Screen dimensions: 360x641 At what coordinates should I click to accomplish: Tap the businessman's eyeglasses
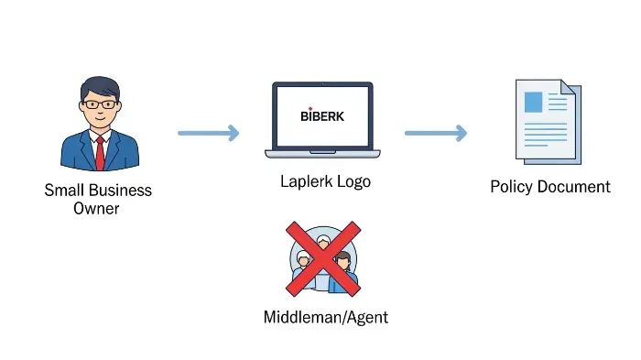(99, 104)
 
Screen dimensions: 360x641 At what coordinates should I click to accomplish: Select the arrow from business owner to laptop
(208, 133)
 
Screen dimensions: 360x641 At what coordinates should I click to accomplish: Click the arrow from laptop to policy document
(435, 133)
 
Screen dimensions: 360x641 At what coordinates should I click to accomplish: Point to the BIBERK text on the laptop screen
(322, 116)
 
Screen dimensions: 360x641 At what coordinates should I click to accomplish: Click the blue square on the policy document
(533, 103)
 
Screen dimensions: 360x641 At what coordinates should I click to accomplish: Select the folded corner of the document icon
(570, 90)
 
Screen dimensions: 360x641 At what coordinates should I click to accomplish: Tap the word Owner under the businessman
(97, 209)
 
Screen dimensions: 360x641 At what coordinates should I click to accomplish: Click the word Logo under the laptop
(353, 181)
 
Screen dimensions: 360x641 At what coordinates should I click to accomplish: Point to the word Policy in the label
(509, 187)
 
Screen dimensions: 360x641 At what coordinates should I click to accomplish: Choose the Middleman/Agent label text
(325, 318)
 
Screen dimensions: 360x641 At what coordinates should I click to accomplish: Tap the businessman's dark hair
(99, 87)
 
